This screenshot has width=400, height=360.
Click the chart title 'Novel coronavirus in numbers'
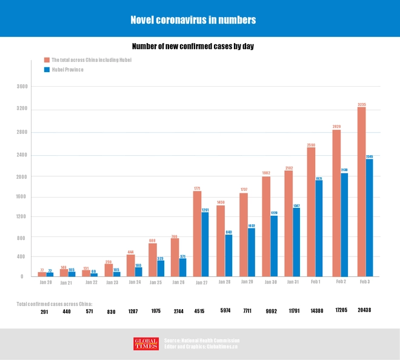tap(193, 20)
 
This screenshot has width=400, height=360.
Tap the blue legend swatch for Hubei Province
tap(47, 70)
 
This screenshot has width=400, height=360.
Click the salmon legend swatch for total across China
tap(47, 60)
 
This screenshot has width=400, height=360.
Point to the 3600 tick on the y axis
tap(22, 87)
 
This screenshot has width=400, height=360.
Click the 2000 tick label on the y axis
tap(22, 176)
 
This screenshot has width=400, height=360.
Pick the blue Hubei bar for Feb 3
tap(370, 218)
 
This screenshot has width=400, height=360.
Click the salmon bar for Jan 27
tap(197, 234)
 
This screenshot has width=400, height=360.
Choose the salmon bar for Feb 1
tap(311, 212)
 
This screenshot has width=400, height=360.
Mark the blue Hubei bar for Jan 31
tap(296, 242)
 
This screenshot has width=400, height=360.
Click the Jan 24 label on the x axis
tap(135, 282)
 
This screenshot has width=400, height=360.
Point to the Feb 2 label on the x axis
tap(341, 282)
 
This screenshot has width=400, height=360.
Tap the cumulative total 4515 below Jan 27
tap(199, 311)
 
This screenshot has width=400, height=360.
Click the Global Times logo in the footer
tap(146, 344)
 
